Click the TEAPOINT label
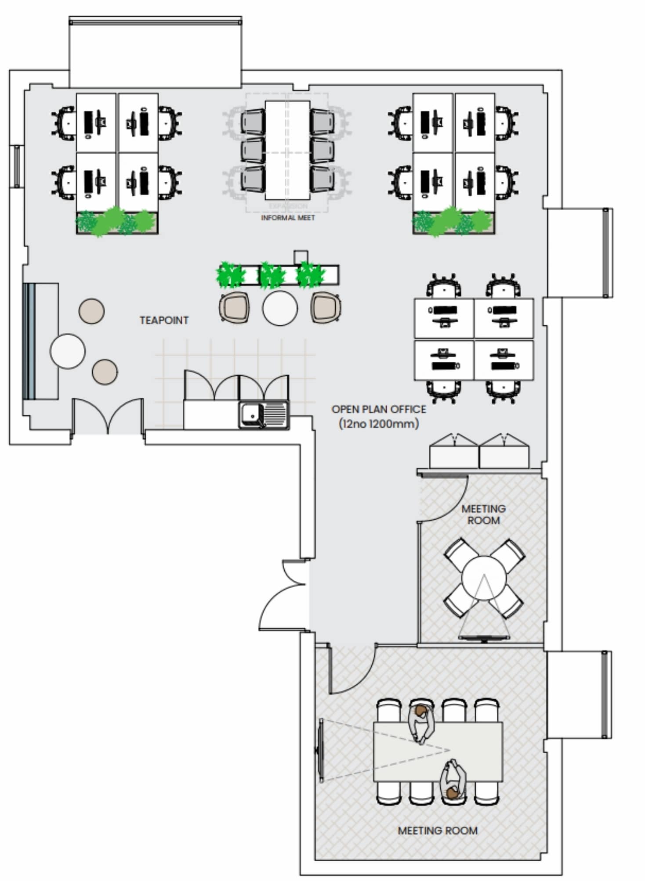[x=164, y=320]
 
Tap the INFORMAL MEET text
[x=288, y=218]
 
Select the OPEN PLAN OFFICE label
[x=379, y=409]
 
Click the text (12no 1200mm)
[x=379, y=424]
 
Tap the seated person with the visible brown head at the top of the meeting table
[x=421, y=722]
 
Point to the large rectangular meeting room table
[x=438, y=752]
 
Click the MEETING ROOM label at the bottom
[x=438, y=831]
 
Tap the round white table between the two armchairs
[x=280, y=308]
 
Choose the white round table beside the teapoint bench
[x=67, y=351]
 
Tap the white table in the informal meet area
[x=287, y=150]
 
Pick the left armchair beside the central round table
[x=235, y=308]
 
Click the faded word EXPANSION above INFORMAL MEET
[x=288, y=206]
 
